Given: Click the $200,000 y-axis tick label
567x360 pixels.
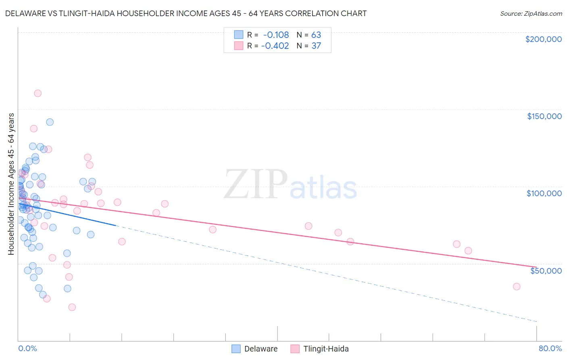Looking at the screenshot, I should pos(543,39).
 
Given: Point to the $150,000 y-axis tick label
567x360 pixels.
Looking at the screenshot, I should pos(544,116).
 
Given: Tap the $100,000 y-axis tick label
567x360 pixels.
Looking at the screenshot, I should pos(544,193).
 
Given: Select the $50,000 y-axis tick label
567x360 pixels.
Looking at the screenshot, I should pos(546,270).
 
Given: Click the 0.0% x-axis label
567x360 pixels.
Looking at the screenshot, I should pos(27,348).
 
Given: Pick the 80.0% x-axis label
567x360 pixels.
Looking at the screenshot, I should pos(550,348).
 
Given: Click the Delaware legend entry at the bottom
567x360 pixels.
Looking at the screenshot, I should pos(254,349).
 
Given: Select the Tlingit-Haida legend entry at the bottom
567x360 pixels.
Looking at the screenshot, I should pos(319,349).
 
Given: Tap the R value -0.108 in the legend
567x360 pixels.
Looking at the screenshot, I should pos(276,35).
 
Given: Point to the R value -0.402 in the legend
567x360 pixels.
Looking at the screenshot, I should pos(275,46).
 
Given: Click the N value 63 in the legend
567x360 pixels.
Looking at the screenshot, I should pos(316,35).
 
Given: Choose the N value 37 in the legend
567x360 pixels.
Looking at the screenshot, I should pos(316,46).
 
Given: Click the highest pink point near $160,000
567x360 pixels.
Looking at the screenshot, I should pos(38,93).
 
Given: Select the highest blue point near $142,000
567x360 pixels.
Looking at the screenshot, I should pos(50,122).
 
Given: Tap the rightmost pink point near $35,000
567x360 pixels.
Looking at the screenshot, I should pos(517,287).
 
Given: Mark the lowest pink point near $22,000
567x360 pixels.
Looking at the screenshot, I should pos(72,307).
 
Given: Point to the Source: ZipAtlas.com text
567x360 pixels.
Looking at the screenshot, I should pos(531,13).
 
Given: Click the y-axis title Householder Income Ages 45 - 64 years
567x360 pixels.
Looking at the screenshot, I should pos(11,184).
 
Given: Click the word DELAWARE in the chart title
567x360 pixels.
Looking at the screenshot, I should pos(25,13).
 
